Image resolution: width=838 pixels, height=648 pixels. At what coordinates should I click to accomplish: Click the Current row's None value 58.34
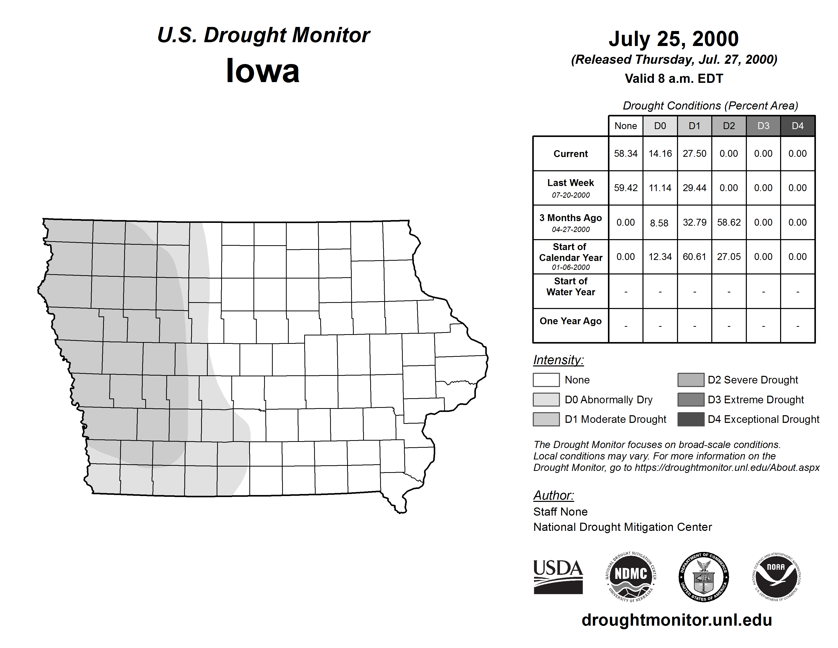pyautogui.click(x=625, y=153)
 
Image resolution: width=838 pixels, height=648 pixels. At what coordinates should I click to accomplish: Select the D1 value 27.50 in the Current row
pyautogui.click(x=694, y=153)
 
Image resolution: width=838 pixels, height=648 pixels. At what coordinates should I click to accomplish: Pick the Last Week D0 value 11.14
pyautogui.click(x=660, y=188)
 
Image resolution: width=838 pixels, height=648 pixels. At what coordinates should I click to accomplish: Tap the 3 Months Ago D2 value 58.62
pyautogui.click(x=729, y=222)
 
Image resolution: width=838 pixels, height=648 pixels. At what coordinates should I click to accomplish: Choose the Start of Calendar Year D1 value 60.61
pyautogui.click(x=694, y=256)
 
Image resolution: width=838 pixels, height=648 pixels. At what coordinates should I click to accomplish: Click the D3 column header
pyautogui.click(x=763, y=126)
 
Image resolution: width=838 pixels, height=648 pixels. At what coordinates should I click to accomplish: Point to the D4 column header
pyautogui.click(x=797, y=126)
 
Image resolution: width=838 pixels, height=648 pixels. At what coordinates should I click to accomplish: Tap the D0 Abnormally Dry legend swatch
pyautogui.click(x=546, y=399)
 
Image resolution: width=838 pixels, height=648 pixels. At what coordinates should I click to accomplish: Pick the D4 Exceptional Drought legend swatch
pyautogui.click(x=691, y=419)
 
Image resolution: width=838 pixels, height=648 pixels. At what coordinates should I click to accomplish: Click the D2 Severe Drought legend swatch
pyautogui.click(x=691, y=380)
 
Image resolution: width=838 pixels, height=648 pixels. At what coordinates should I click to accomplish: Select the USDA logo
pyautogui.click(x=558, y=577)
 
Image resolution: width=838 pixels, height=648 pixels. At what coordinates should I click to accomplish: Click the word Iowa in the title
pyautogui.click(x=263, y=71)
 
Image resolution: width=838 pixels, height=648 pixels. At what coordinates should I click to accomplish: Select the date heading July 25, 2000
pyautogui.click(x=673, y=39)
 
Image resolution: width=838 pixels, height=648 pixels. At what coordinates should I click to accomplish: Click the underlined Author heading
pyautogui.click(x=553, y=495)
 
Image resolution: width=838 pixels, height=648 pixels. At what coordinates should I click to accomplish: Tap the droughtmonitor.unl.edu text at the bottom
pyautogui.click(x=676, y=620)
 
